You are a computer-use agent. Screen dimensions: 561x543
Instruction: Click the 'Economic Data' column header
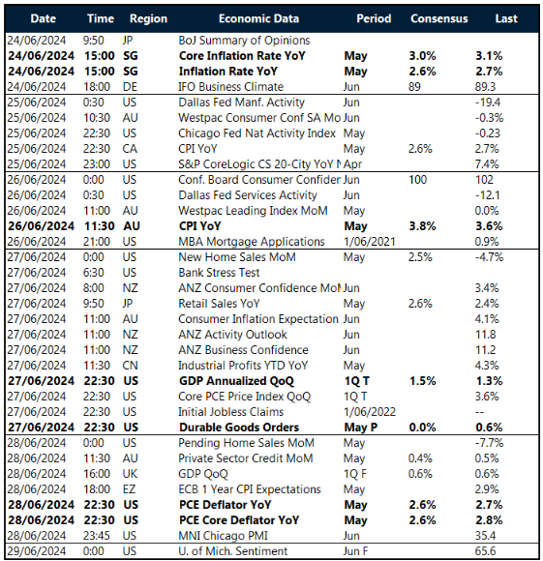[x=257, y=18]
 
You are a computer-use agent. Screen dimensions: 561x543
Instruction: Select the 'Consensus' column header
[x=438, y=18]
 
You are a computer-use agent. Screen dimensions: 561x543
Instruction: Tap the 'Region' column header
[x=147, y=18]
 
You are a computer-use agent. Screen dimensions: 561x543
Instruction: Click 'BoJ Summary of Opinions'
[x=244, y=41]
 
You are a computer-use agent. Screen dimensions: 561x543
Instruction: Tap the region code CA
[x=129, y=148]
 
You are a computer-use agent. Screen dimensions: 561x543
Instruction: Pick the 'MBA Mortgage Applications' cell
[x=250, y=241]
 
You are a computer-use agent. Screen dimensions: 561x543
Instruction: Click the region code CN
[x=129, y=366]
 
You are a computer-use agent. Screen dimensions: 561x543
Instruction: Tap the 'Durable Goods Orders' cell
[x=239, y=428]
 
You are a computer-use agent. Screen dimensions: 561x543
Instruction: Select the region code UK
[x=129, y=474]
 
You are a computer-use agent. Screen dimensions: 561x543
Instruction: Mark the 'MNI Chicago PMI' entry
[x=225, y=536]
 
